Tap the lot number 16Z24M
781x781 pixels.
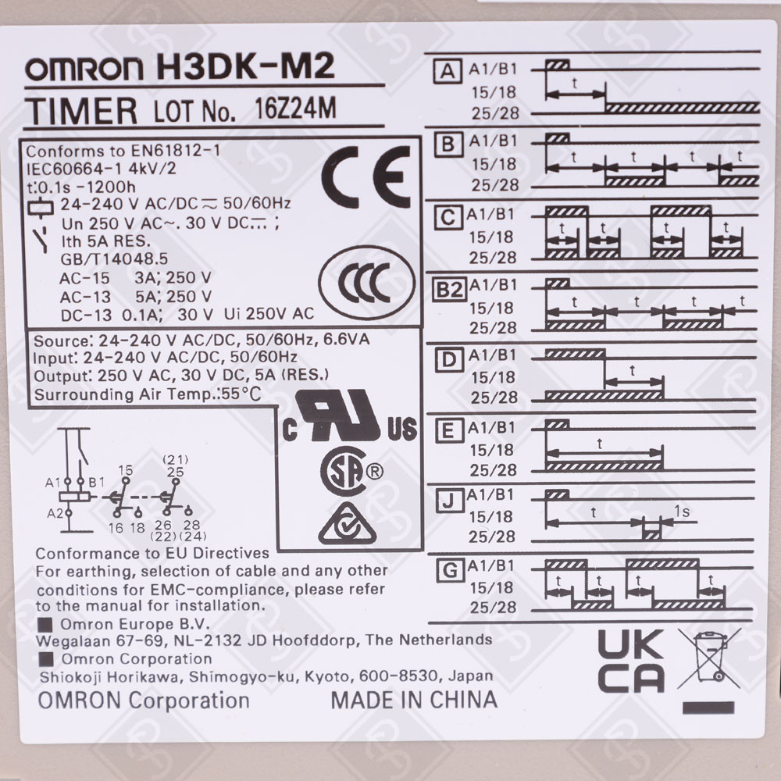click(295, 109)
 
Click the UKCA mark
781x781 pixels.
click(631, 662)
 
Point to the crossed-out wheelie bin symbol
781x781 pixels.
click(708, 659)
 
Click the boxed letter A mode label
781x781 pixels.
click(448, 72)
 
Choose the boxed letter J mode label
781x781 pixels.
click(448, 502)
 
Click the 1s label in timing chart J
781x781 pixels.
click(681, 512)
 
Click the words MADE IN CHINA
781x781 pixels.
click(413, 699)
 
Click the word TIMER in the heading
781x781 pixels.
click(82, 111)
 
